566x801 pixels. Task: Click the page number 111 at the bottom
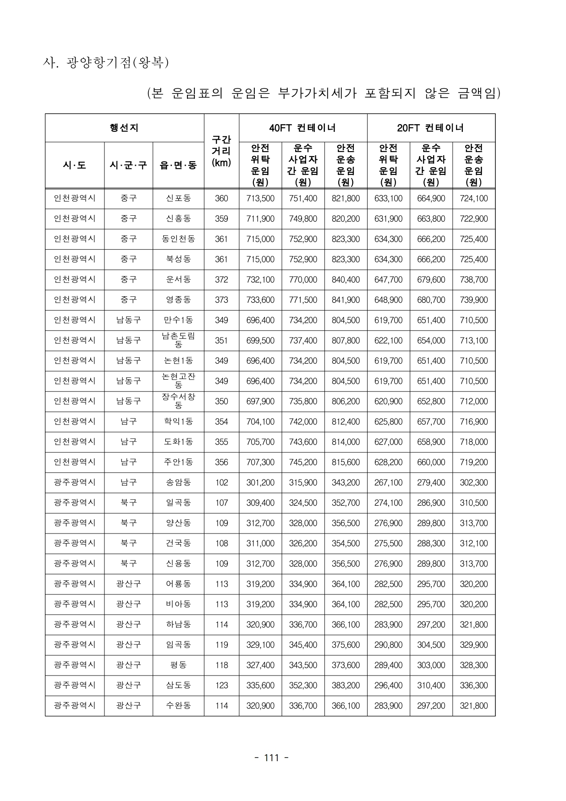(271, 757)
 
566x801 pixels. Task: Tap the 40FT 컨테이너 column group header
(302, 128)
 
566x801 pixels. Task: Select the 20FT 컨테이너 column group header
(431, 128)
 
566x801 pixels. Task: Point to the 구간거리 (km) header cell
(221, 151)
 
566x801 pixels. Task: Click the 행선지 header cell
(124, 128)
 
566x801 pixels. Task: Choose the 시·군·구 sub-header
(128, 165)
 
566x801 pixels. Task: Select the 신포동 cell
(178, 198)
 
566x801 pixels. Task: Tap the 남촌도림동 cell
(178, 340)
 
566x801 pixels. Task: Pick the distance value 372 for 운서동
(221, 279)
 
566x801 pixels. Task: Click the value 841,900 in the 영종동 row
(346, 300)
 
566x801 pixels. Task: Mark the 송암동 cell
(178, 482)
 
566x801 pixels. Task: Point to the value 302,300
(473, 482)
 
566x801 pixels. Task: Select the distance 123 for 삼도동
(221, 686)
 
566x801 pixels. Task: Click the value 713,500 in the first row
(260, 198)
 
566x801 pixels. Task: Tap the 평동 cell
(178, 665)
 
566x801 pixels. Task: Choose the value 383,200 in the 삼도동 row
(346, 686)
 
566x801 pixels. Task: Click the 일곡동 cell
(178, 503)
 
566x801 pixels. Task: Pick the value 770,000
(302, 279)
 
